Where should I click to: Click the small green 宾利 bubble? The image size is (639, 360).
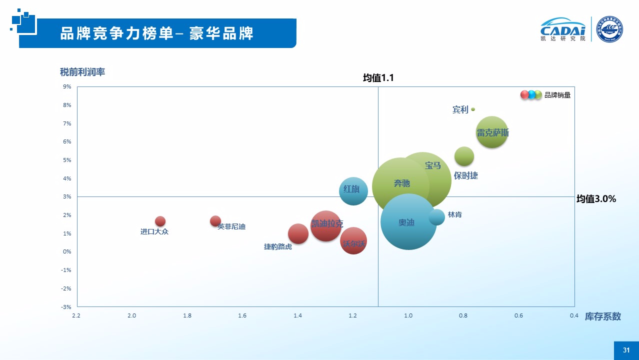473,109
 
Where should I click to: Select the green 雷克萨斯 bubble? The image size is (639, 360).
492,132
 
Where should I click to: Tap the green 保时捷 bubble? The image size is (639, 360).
464,156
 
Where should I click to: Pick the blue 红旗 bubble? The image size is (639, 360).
353,191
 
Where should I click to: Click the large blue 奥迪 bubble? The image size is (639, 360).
408,222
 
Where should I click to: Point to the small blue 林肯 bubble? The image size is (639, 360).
436,217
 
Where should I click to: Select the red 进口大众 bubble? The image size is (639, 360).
160,221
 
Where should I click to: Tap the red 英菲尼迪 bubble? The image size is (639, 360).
215,220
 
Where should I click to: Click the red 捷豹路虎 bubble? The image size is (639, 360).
298,233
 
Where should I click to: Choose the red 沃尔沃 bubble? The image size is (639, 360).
353,240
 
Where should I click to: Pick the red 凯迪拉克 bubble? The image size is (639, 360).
326,226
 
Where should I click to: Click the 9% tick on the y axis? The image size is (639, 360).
67,86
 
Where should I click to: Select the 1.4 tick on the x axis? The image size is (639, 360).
297,315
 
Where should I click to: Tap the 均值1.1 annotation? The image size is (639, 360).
378,77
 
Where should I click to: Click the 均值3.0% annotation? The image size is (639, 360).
596,198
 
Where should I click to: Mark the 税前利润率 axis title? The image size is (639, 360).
82,71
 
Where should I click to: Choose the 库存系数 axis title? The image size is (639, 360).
602,316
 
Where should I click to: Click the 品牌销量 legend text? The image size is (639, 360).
557,95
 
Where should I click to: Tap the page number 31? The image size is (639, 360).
626,350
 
